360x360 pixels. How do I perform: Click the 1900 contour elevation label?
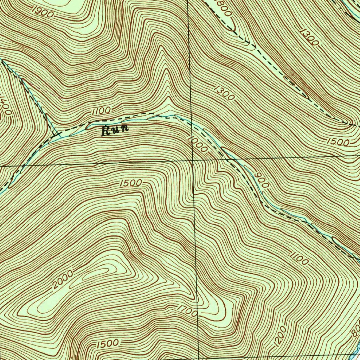coord(42,12)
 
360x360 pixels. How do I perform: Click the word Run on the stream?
coord(115,130)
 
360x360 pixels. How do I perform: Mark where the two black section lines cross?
coord(193,160)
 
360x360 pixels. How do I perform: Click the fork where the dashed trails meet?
coord(54,134)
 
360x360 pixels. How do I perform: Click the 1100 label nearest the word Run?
coord(101,111)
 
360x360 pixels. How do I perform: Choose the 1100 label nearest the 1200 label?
coord(300,259)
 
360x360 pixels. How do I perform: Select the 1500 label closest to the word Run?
coord(131,183)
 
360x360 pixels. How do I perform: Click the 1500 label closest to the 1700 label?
coord(107,343)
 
